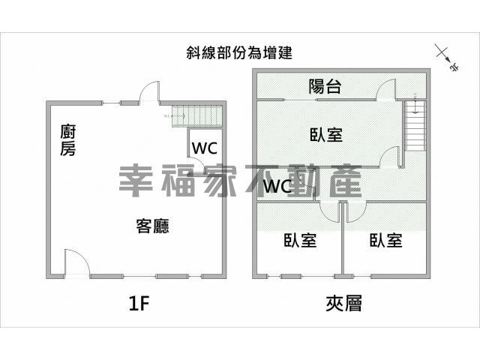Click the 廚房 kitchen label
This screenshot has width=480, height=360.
click(67, 140)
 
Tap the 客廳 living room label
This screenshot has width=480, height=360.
click(152, 226)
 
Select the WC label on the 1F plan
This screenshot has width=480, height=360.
click(205, 148)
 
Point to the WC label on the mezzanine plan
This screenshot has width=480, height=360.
click(277, 186)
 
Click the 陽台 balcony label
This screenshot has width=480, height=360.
click(325, 86)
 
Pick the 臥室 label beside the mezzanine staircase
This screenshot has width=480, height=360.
click(326, 134)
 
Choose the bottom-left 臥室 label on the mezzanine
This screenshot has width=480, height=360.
click(300, 240)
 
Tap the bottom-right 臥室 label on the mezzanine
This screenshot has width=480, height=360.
click(385, 240)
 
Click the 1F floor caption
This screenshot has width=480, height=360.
click(139, 304)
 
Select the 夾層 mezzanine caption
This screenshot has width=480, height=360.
click(343, 303)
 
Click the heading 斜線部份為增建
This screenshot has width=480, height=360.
click(239, 52)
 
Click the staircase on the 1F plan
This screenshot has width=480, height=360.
click(196, 115)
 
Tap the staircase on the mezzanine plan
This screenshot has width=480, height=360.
click(415, 125)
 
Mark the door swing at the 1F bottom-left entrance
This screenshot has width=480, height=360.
click(77, 262)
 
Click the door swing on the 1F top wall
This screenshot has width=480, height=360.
click(150, 92)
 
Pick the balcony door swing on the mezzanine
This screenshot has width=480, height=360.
click(386, 89)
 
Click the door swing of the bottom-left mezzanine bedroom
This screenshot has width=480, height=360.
click(330, 211)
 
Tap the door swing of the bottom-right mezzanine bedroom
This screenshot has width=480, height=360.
click(356, 211)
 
